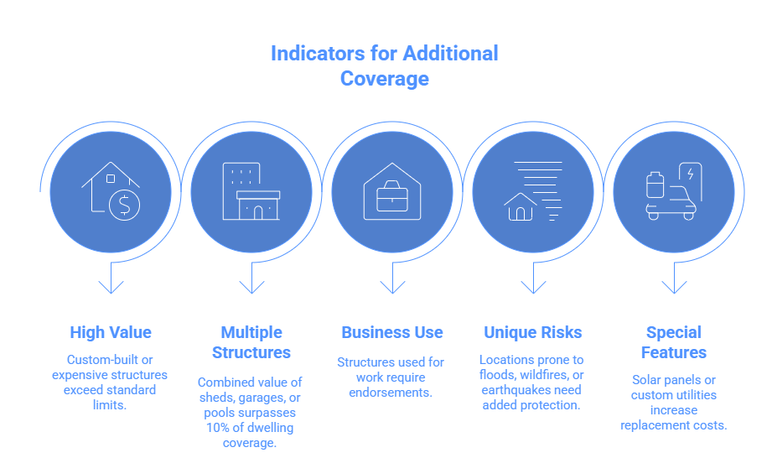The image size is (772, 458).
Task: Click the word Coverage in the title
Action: point(385,79)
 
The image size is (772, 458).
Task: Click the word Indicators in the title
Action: point(318,54)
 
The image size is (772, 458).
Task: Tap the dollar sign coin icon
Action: point(125,205)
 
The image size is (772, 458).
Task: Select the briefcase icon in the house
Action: point(392,196)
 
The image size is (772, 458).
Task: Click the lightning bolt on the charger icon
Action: point(690,174)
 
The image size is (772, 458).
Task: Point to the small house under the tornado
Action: point(521,207)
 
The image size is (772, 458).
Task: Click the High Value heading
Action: point(111,332)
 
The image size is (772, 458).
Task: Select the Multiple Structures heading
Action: point(251,342)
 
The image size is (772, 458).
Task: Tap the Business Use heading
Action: point(392,332)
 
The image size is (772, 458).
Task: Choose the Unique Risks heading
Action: point(533,332)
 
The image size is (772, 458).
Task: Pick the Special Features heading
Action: point(674,342)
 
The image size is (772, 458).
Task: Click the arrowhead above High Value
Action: point(111,287)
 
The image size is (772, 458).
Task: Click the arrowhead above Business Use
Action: point(392,287)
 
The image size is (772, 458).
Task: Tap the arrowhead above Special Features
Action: point(674,287)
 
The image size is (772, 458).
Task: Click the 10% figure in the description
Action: point(217,428)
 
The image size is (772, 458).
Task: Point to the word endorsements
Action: point(391,393)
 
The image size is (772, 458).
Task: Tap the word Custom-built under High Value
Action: point(110,360)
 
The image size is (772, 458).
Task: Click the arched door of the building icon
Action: point(258,213)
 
